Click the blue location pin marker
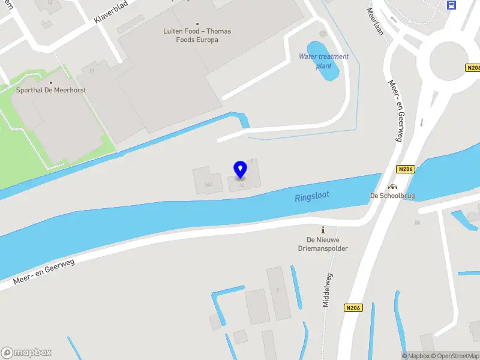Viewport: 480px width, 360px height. tap(241, 169)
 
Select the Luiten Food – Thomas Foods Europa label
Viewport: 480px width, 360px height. tap(197, 35)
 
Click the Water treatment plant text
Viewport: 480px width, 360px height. tap(323, 61)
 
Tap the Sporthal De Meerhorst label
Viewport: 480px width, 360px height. tap(51, 90)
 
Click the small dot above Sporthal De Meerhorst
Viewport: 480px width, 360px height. tap(51, 83)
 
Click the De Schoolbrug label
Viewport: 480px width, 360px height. tap(390, 196)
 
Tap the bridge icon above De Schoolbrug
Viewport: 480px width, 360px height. tap(393, 187)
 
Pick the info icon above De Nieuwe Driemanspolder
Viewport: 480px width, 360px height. tap(323, 230)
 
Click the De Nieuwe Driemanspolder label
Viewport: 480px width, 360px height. tap(323, 244)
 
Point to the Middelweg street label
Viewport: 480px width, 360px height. tap(327, 290)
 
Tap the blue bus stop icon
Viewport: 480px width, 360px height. tap(451, 5)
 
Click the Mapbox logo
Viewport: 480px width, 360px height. tap(26, 353)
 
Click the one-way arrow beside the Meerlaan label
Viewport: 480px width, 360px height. tap(394, 19)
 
